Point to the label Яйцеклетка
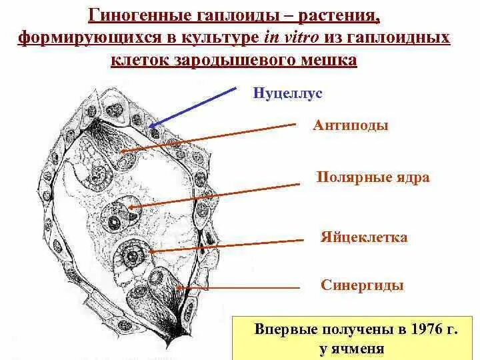tap(363, 238)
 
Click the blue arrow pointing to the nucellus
tap(193, 106)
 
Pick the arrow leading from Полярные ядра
tap(220, 193)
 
